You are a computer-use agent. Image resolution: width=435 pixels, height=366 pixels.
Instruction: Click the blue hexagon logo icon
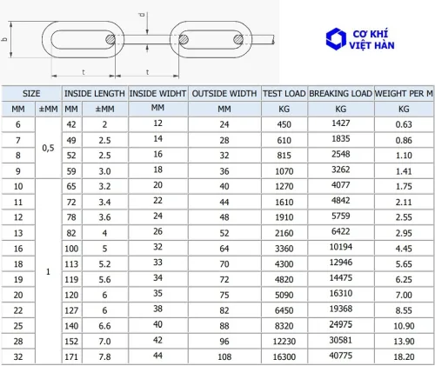(336, 39)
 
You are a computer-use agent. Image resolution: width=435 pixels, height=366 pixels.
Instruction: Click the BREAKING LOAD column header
(340, 94)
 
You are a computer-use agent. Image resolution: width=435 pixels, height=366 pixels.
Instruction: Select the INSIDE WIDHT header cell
(157, 94)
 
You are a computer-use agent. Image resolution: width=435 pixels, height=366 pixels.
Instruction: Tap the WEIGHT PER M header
(404, 94)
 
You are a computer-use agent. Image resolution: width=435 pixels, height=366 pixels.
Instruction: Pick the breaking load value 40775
(341, 356)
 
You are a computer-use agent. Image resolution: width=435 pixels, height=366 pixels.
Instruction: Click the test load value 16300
(284, 356)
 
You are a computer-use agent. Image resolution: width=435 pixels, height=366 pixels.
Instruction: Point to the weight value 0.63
(404, 124)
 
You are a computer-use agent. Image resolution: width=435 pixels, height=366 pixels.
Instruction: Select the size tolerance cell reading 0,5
(48, 148)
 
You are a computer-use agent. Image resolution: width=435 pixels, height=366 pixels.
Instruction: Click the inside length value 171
(71, 356)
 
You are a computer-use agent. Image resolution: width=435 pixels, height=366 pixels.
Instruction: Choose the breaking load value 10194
(341, 247)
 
